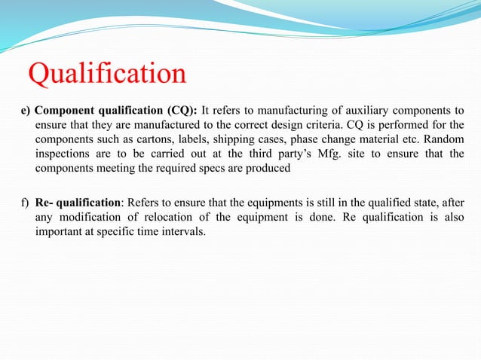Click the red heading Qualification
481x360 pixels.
point(107,74)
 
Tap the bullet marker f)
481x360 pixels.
point(26,203)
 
